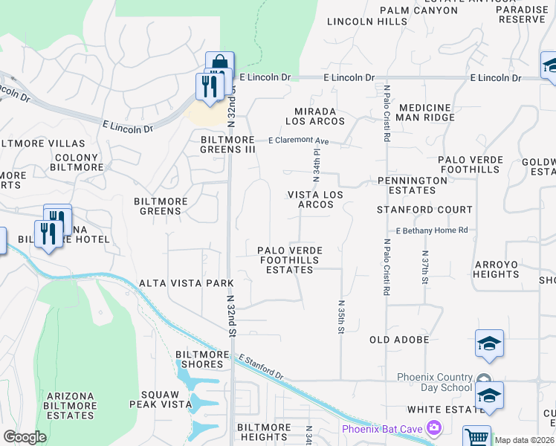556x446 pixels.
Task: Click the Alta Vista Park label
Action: pyautogui.click(x=187, y=283)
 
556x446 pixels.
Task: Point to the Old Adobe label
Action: pyautogui.click(x=399, y=340)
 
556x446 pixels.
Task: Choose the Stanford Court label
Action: pyautogui.click(x=424, y=210)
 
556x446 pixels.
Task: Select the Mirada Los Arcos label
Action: pyautogui.click(x=316, y=115)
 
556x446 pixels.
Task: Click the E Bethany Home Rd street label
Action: pyautogui.click(x=431, y=230)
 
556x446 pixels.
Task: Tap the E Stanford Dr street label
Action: pyautogui.click(x=262, y=367)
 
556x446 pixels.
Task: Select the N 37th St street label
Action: pyautogui.click(x=425, y=271)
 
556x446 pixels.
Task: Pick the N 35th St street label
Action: pyautogui.click(x=341, y=316)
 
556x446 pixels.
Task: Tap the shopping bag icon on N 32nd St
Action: pyautogui.click(x=220, y=63)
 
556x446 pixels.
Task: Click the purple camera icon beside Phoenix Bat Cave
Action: pyautogui.click(x=434, y=428)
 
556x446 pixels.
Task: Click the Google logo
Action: pyautogui.click(x=25, y=437)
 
